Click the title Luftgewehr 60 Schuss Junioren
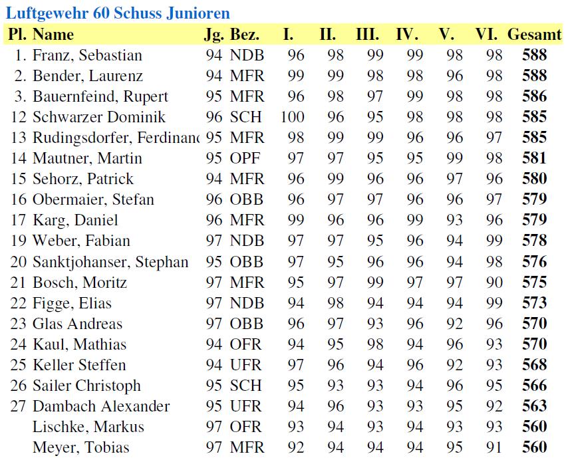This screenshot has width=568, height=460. [x=118, y=13]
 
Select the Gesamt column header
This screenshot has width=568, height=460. [x=534, y=35]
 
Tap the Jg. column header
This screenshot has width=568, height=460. [x=213, y=35]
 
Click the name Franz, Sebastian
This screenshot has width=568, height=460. [x=87, y=55]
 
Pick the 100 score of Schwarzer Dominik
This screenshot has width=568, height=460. [x=292, y=117]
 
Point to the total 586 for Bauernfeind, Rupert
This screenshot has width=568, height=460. [x=534, y=96]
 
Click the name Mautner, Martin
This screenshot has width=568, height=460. [x=87, y=158]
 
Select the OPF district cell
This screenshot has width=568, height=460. [x=245, y=158]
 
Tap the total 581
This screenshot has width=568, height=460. [x=534, y=158]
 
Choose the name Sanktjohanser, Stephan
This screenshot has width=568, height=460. [x=110, y=262]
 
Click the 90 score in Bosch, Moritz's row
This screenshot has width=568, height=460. [x=494, y=283]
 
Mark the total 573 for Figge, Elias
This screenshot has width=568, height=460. [x=534, y=303]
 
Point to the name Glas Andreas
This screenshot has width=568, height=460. [x=77, y=324]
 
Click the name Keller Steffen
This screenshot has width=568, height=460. [x=79, y=365]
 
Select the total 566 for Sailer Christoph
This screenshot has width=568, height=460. [x=534, y=386]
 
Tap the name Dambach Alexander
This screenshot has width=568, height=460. [x=101, y=406]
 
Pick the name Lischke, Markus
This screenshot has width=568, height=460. [x=88, y=427]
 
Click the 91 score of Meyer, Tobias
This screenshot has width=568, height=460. [x=494, y=447]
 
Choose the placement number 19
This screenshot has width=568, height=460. [x=21, y=241]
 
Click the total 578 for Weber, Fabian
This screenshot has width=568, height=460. [x=534, y=241]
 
